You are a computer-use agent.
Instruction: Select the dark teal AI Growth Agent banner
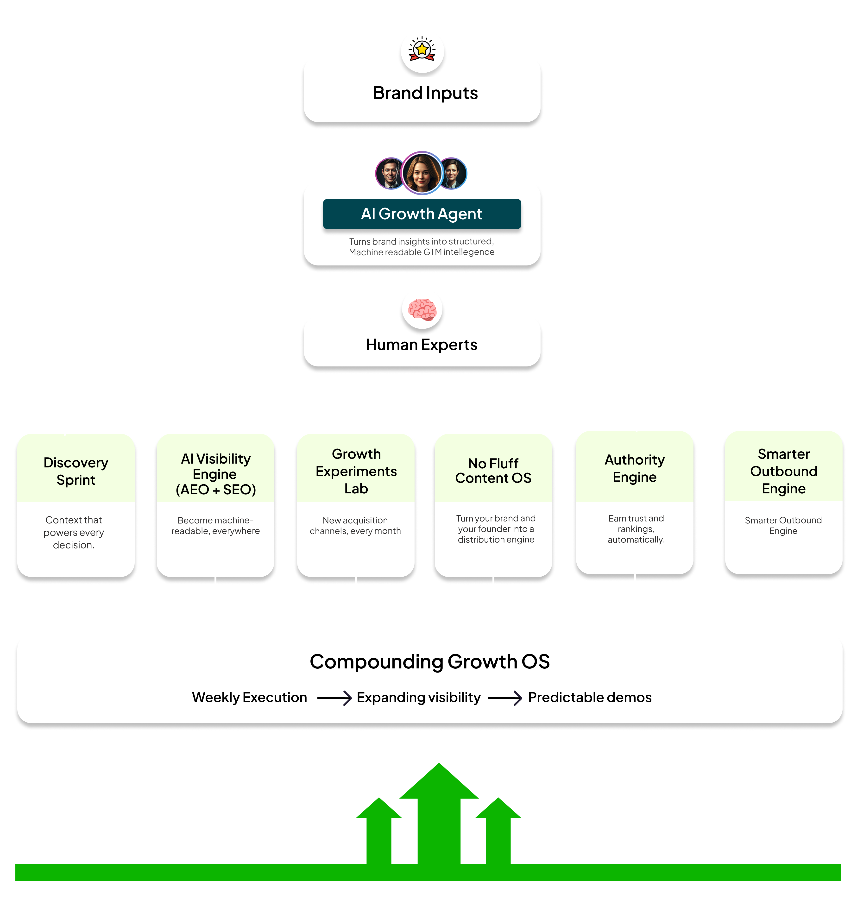pyautogui.click(x=422, y=214)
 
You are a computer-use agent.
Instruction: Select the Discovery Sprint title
pyautogui.click(x=76, y=471)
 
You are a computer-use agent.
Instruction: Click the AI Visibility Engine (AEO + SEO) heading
pyautogui.click(x=216, y=474)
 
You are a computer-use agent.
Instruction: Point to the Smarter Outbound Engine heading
pyautogui.click(x=783, y=471)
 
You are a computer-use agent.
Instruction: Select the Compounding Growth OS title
pyautogui.click(x=429, y=661)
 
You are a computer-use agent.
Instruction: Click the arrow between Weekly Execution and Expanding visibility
pyautogui.click(x=334, y=698)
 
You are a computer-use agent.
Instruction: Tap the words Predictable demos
pyautogui.click(x=589, y=697)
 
